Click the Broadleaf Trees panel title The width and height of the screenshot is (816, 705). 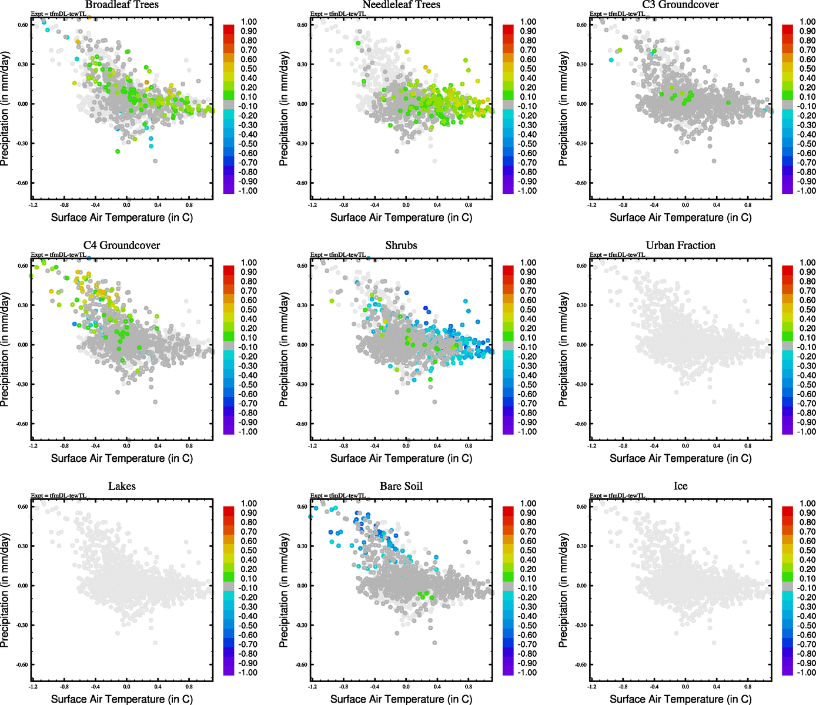point(122,5)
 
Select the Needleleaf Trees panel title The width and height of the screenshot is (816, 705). point(401,5)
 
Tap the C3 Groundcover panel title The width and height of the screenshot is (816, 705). point(680,5)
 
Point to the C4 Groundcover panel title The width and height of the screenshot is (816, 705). point(122,246)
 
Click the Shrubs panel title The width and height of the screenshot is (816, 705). point(401,246)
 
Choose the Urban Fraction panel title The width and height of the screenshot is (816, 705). point(680,246)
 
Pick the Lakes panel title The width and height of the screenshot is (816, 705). point(122,486)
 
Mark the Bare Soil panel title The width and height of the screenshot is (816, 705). point(401,486)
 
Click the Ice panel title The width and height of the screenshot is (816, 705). point(680,486)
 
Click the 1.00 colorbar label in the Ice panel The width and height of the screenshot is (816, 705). point(807,503)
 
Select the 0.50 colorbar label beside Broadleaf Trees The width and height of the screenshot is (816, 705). point(249,69)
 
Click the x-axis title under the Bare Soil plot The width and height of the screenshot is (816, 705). point(401,699)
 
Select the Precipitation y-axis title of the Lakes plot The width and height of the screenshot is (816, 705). point(5,590)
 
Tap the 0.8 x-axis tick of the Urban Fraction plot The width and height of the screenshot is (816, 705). point(748,446)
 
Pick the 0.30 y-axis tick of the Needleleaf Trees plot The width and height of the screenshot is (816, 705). point(302,64)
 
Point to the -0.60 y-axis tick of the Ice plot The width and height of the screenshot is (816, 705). point(580,664)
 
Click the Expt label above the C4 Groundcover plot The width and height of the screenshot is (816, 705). point(59,255)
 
